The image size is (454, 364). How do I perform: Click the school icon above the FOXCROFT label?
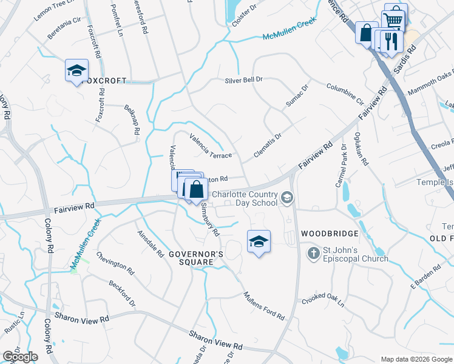(77, 70)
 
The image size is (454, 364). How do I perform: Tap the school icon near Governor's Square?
(259, 241)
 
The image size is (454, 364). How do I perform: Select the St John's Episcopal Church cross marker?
(314, 252)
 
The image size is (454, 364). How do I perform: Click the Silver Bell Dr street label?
(243, 79)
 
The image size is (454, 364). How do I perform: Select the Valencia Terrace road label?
(211, 146)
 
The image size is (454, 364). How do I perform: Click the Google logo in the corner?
(20, 357)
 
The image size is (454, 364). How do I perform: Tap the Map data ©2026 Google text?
(416, 359)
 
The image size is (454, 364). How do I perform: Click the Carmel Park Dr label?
(339, 166)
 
